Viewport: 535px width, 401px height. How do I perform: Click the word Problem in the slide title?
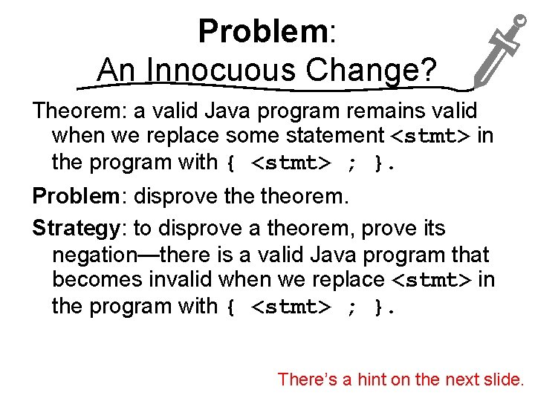click(x=263, y=32)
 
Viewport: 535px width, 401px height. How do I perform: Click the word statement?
click(x=328, y=136)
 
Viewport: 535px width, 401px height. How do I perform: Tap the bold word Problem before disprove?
click(x=75, y=197)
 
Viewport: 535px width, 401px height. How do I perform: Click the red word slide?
click(x=505, y=379)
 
